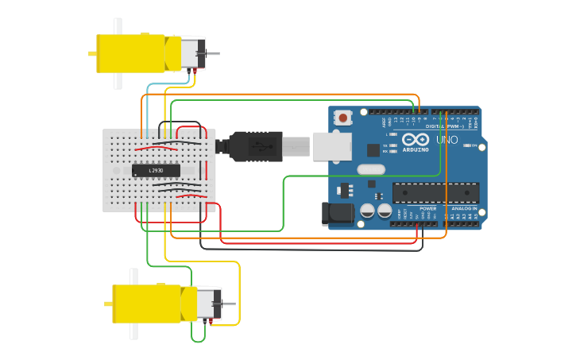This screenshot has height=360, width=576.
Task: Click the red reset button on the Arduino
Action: [343, 118]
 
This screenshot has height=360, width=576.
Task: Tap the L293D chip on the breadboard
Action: [156, 170]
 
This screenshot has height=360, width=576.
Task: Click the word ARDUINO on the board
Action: [416, 149]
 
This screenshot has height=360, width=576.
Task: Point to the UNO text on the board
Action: [446, 140]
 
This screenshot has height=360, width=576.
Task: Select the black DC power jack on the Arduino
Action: [336, 214]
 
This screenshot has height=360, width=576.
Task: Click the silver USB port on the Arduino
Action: [332, 146]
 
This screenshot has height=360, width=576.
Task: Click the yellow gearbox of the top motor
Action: [131, 53]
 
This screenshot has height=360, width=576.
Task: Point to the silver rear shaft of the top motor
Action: [213, 53]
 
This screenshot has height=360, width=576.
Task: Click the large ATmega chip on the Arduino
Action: [435, 192]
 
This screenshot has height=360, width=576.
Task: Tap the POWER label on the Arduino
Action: [427, 208]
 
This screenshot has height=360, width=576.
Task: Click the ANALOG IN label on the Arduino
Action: [464, 208]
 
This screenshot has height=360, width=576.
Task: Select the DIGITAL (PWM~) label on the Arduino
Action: [445, 126]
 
